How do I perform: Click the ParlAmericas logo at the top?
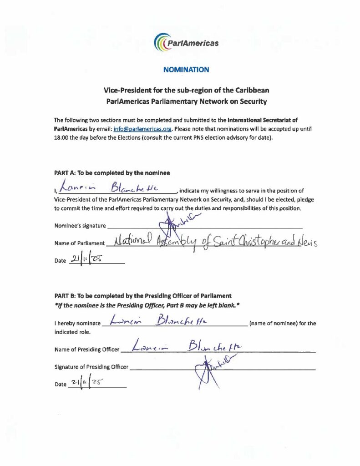pyautogui.click(x=186, y=43)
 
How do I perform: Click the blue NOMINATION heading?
pyautogui.click(x=186, y=70)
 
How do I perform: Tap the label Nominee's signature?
pyautogui.click(x=80, y=225)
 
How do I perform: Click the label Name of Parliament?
pyautogui.click(x=80, y=243)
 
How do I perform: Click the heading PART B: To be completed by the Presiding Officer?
pyautogui.click(x=143, y=296)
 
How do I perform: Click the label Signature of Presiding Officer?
pyautogui.click(x=91, y=366)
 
